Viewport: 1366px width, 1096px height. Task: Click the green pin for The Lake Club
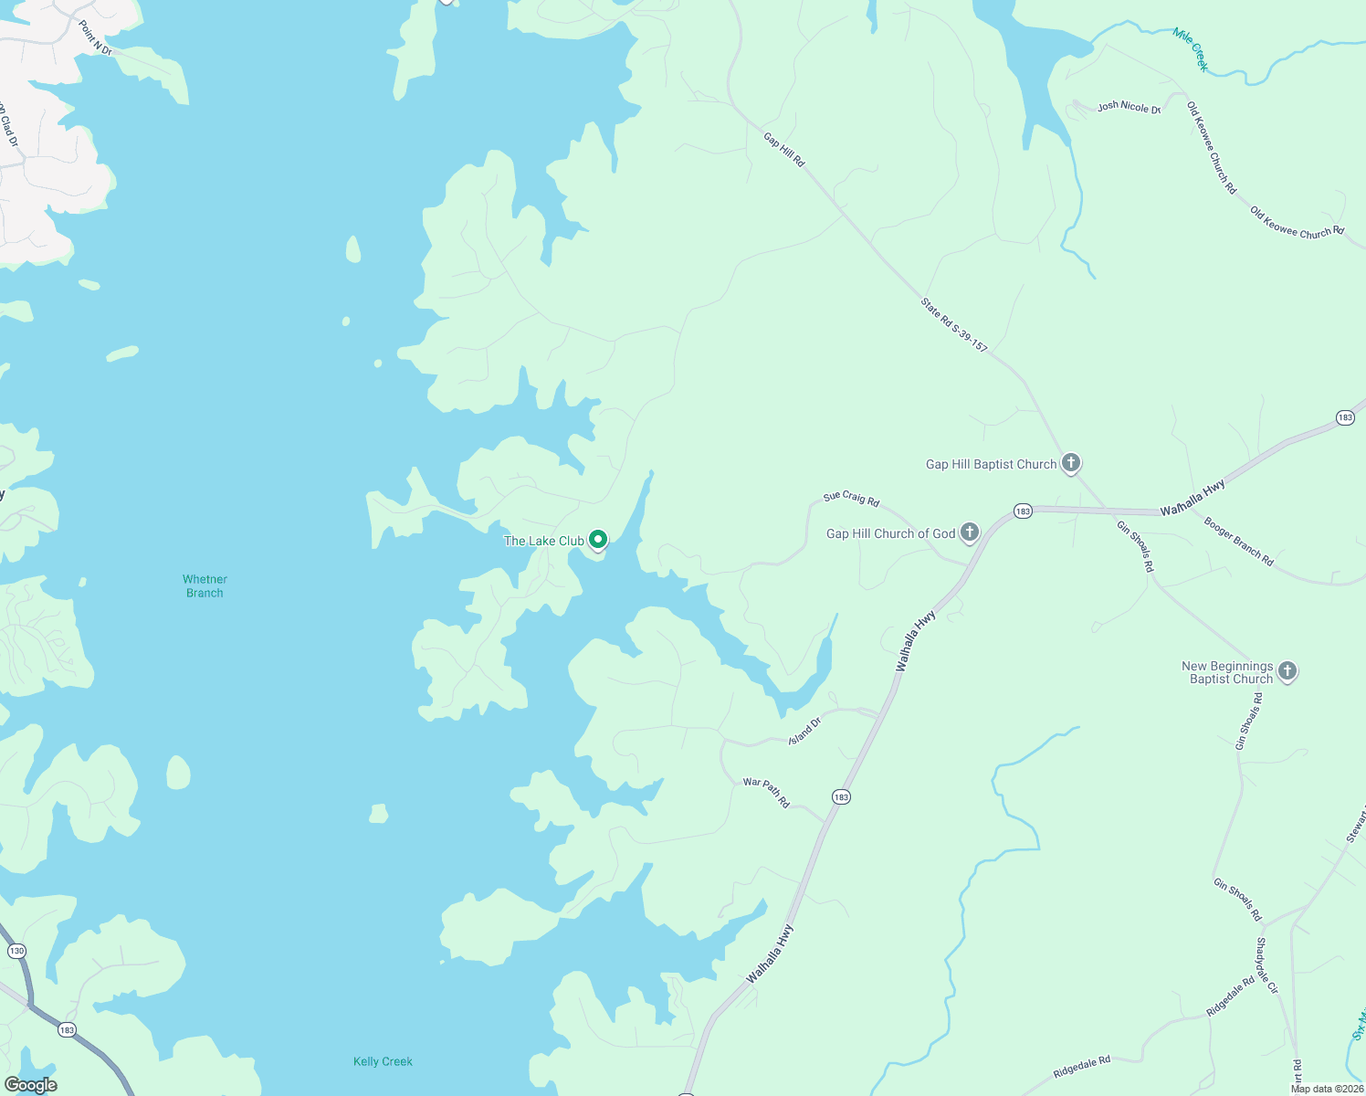[x=598, y=540]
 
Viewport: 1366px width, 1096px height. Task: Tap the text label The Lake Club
[x=543, y=541]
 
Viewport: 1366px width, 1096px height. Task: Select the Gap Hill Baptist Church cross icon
[x=1071, y=463]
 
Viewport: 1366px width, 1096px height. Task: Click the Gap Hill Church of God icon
[x=970, y=532]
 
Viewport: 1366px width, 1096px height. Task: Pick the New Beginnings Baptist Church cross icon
[x=1287, y=672]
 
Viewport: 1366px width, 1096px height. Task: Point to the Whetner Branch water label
[x=205, y=586]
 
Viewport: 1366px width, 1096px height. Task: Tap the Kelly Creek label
[x=383, y=1061]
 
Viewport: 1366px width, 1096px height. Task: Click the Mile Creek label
[x=1191, y=49]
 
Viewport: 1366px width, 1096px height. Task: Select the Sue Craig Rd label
[x=851, y=499]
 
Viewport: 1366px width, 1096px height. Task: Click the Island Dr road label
[x=805, y=730]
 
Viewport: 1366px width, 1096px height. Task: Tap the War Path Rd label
[x=766, y=792]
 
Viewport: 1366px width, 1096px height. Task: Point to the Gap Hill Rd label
[x=784, y=150]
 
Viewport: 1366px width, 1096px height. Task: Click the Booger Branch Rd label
[x=1238, y=541]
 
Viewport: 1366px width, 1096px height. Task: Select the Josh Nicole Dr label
[x=1129, y=108]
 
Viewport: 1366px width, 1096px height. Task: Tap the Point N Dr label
[x=95, y=38]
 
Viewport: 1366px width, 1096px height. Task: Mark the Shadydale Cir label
[x=1267, y=965]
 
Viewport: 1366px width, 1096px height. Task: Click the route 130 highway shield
[x=16, y=951]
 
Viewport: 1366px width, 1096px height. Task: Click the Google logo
[x=30, y=1084]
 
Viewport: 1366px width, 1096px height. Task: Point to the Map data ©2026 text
[x=1327, y=1089]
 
